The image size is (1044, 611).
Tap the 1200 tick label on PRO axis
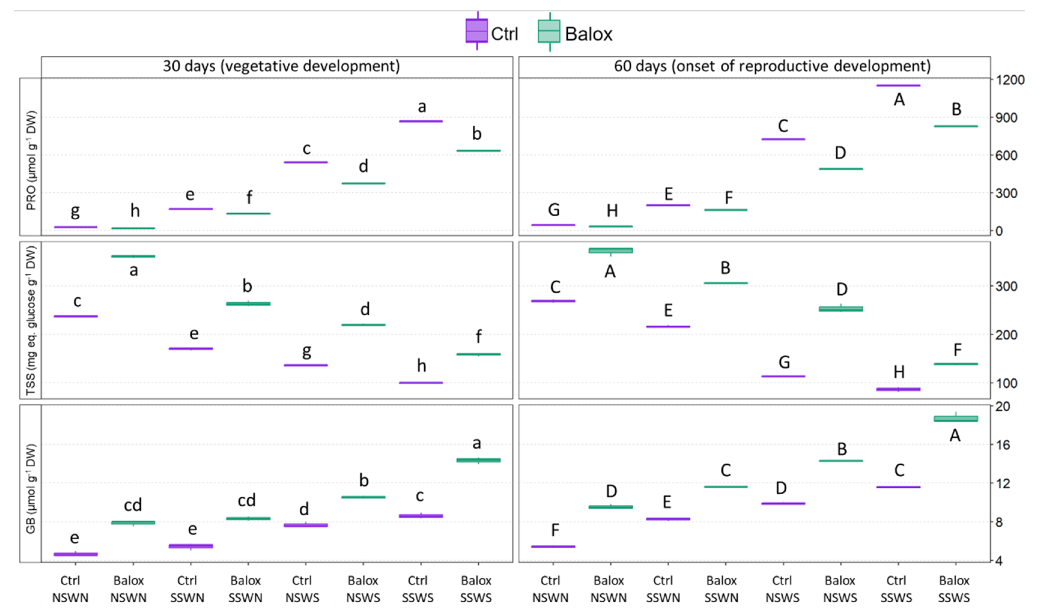[x=1010, y=80]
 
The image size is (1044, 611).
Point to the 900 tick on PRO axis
[x=1006, y=118]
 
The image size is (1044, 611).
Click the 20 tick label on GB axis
[x=1003, y=407]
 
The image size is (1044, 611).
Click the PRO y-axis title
[x=31, y=160]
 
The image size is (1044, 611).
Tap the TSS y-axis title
[x=31, y=321]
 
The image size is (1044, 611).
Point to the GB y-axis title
[x=31, y=489]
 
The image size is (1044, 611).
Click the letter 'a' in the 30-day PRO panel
[x=422, y=107]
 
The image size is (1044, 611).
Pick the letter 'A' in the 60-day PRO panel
[x=899, y=100]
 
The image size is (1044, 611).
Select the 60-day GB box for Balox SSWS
[x=956, y=419]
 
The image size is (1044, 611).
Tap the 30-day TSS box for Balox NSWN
[x=133, y=257]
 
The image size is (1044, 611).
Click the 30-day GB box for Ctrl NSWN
[x=75, y=554]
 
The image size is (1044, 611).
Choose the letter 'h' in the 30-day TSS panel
[x=421, y=366]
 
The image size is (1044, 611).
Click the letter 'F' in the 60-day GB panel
[x=555, y=530]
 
